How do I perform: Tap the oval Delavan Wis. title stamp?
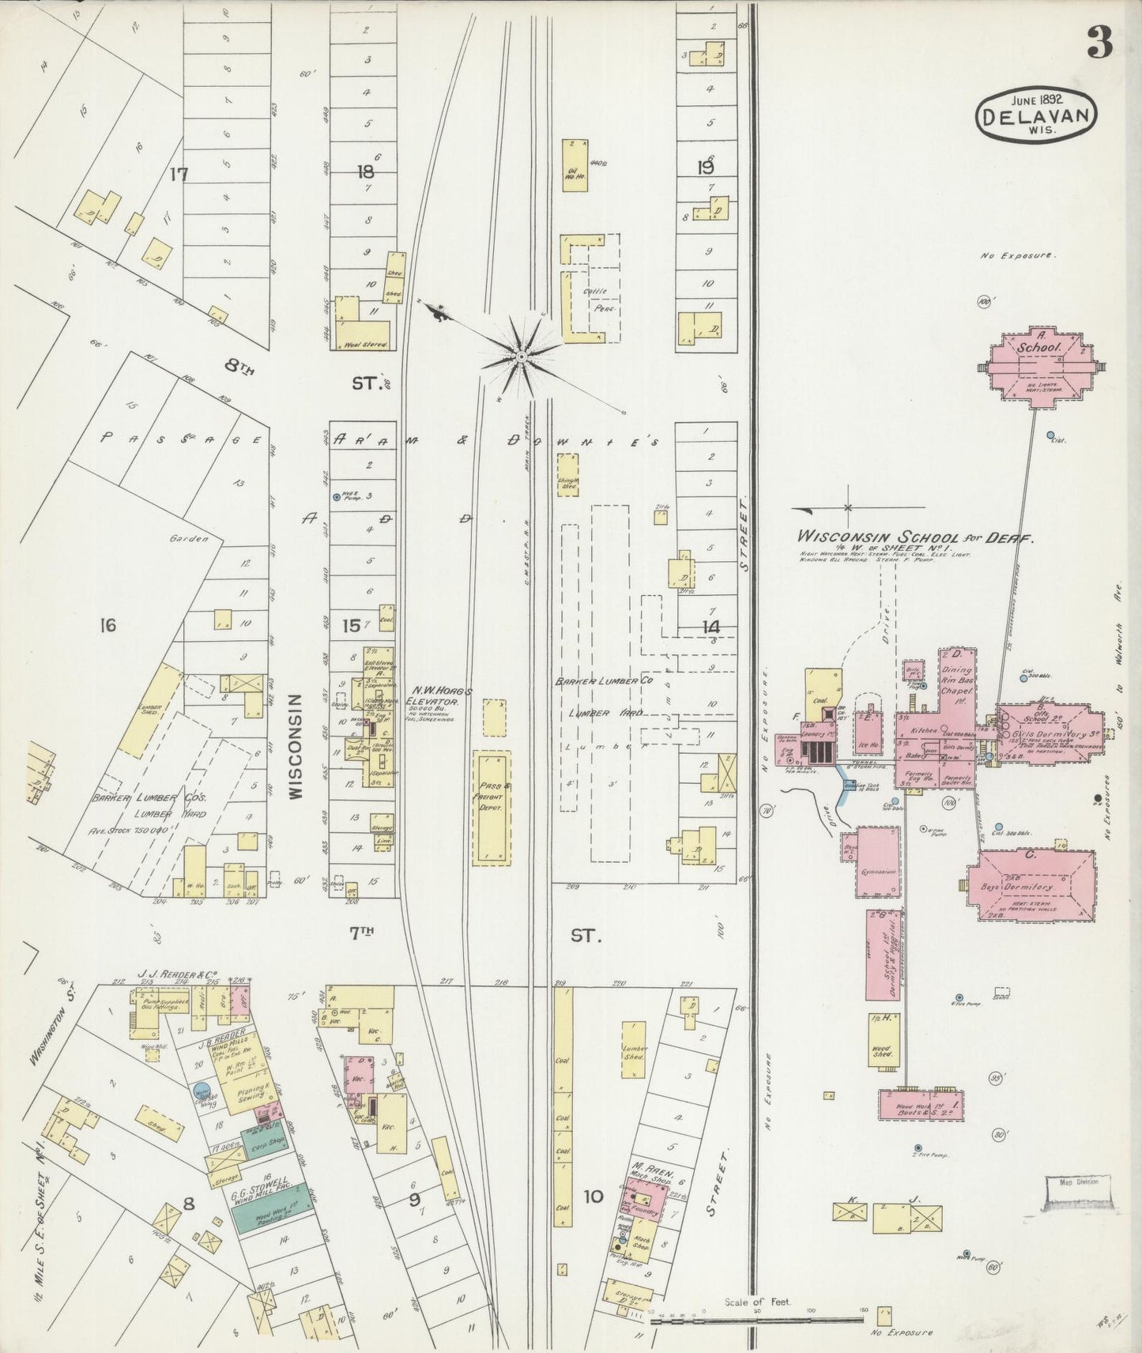(1038, 115)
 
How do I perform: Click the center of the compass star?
(521, 358)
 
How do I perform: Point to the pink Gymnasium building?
(878, 862)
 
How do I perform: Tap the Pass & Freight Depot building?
(490, 808)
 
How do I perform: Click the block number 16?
(107, 626)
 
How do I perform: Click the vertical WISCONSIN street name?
(295, 747)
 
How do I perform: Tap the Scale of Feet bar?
(755, 1320)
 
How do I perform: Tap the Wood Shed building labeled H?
(882, 1042)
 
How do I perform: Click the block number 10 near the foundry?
(593, 1197)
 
